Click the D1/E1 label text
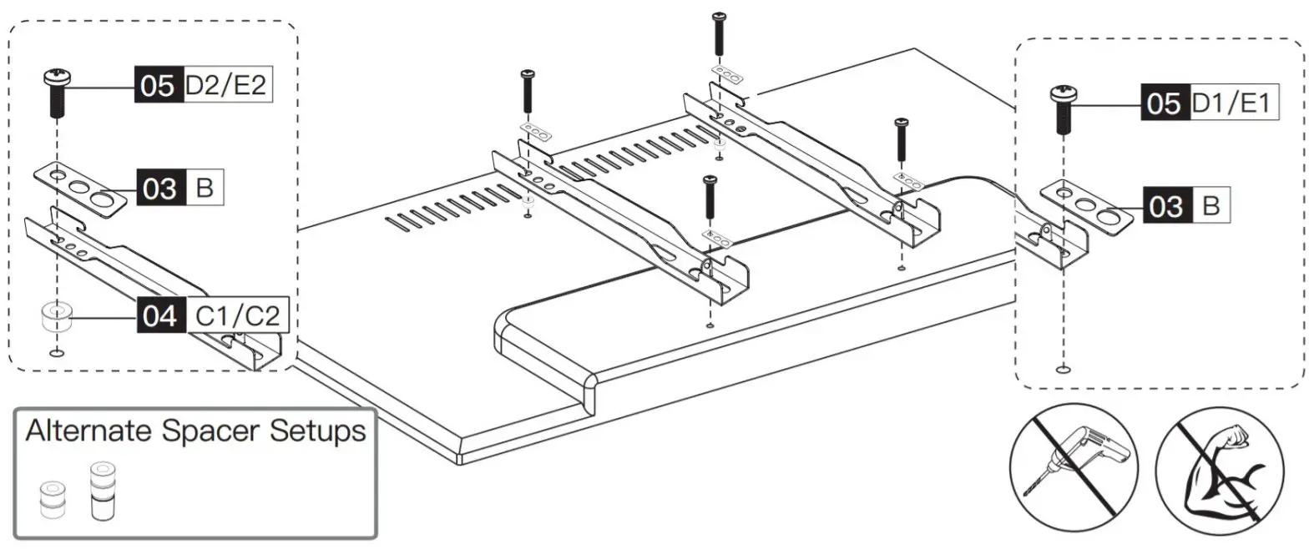click(x=1233, y=104)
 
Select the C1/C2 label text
click(x=236, y=316)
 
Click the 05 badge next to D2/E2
click(x=158, y=85)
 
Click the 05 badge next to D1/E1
click(x=1165, y=104)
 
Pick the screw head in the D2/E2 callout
click(x=56, y=78)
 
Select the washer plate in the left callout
click(x=81, y=190)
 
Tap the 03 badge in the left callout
click(x=159, y=189)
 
